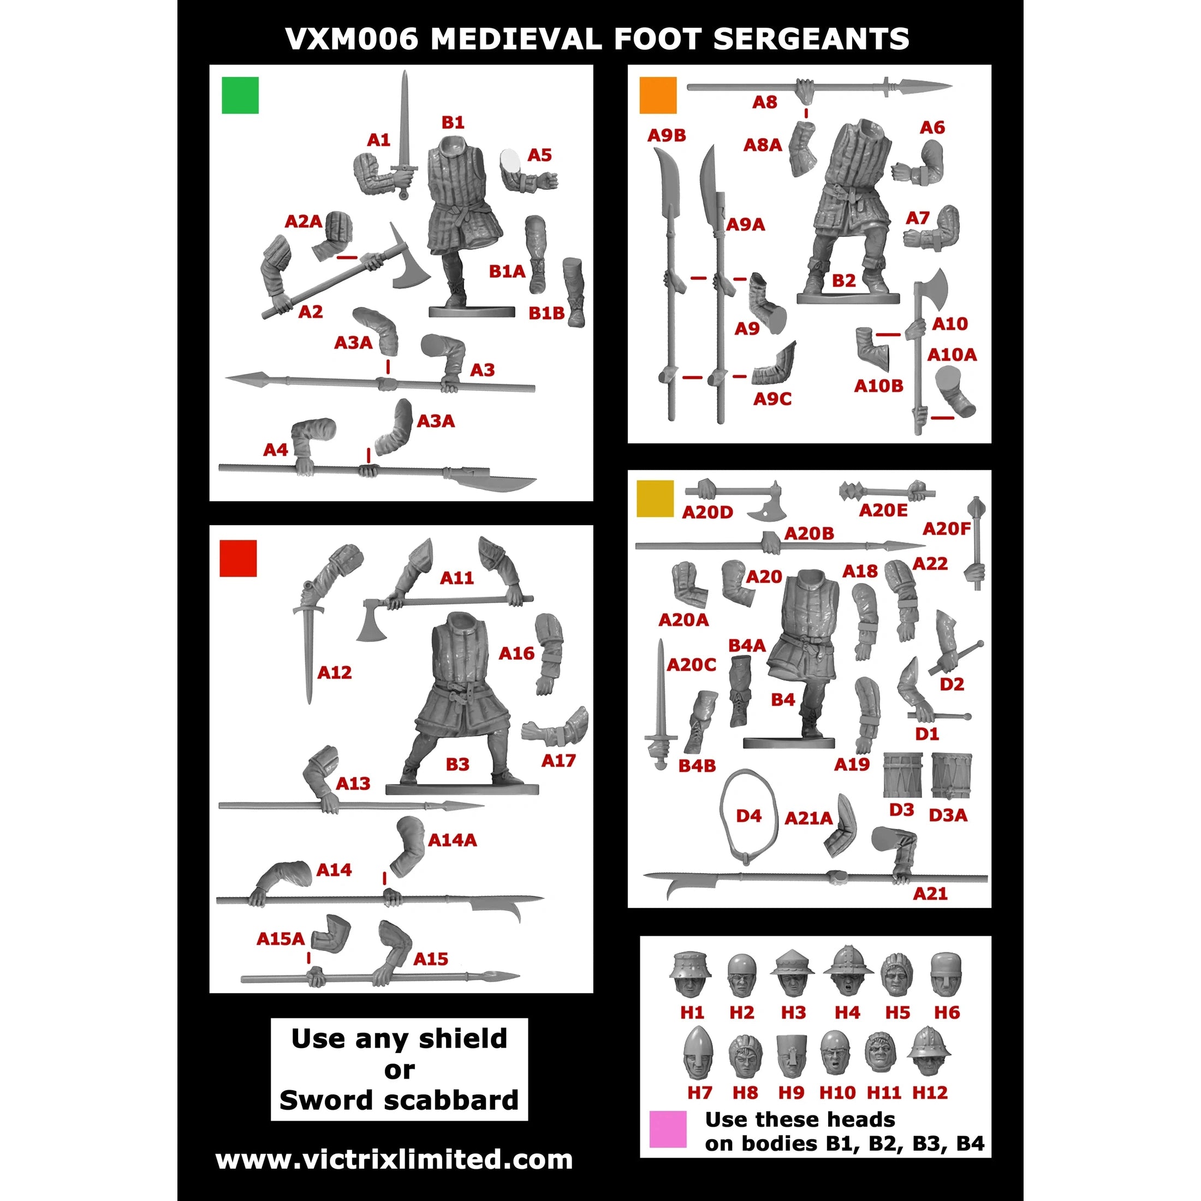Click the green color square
[x=240, y=95]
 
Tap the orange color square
[x=658, y=95]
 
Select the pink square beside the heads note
[x=668, y=1129]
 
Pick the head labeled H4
[x=848, y=972]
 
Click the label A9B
[x=667, y=135]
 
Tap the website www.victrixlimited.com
[x=394, y=1160]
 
